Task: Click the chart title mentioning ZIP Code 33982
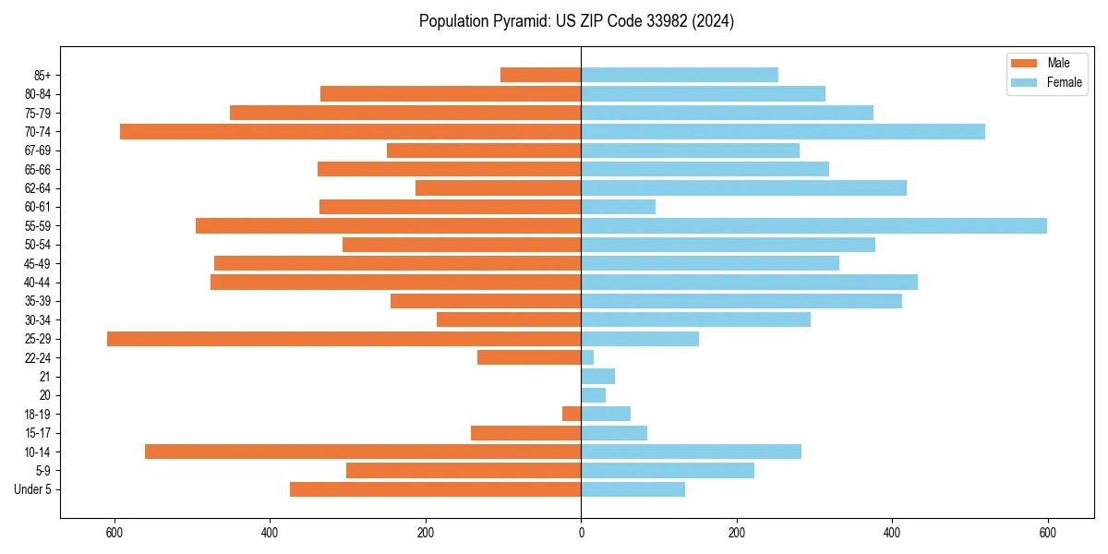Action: coord(576,21)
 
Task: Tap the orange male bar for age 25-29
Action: coord(343,339)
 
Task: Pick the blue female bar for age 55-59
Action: coord(813,225)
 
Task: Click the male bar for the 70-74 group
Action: coord(350,131)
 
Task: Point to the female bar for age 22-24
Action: coord(587,357)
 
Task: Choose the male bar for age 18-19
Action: coord(572,414)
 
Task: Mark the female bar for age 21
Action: coord(597,376)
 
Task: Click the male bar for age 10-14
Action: coord(363,452)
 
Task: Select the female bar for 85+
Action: coord(680,75)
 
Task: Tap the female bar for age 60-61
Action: coord(618,207)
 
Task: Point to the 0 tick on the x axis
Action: coord(581,533)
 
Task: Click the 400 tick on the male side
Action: coord(271,533)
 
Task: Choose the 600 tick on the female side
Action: coord(1047,533)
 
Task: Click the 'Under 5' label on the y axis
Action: coord(32,489)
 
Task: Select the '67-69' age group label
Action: coord(38,151)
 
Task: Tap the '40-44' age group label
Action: coord(38,283)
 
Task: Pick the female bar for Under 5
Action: coord(632,489)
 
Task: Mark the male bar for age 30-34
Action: coord(509,319)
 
